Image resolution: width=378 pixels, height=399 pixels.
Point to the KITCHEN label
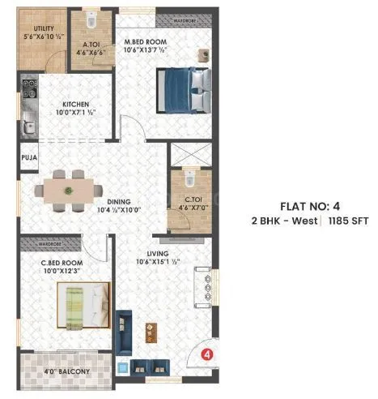pos(81,104)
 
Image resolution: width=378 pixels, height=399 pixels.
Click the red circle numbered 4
pos(206,354)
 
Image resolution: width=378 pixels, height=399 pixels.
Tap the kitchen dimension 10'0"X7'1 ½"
pos(81,114)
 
